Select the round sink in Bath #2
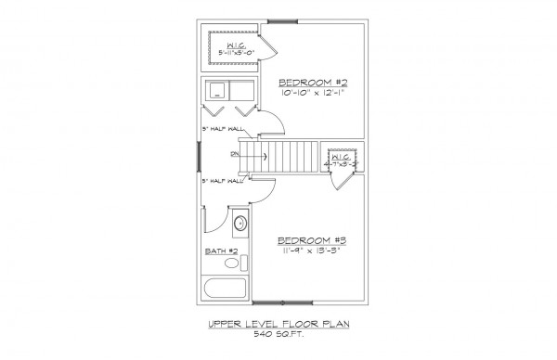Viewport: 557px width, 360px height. (x=239, y=223)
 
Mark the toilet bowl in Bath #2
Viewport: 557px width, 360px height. (x=231, y=264)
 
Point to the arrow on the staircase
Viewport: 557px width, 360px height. (x=264, y=156)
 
